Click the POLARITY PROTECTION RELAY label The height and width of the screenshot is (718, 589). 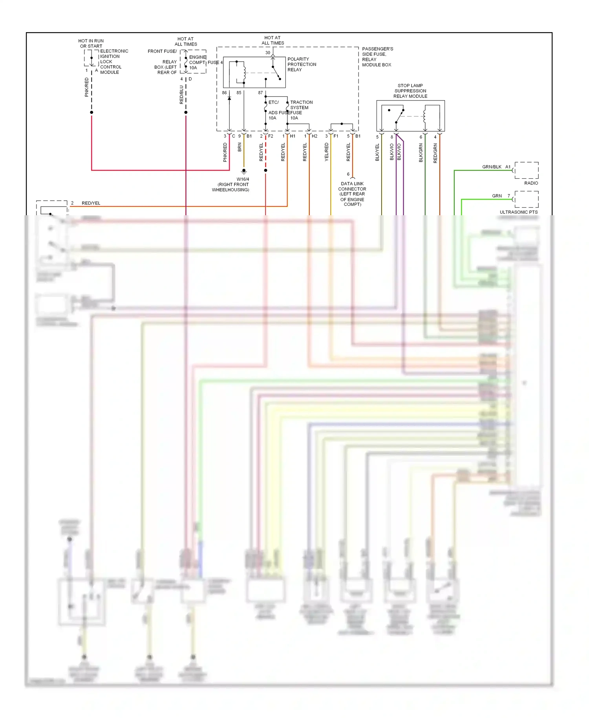point(302,64)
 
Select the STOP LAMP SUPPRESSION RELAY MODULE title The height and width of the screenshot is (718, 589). point(410,91)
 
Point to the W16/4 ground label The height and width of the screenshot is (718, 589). point(243,179)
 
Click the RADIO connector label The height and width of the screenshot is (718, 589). point(531,183)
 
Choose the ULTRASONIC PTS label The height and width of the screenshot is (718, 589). point(518,212)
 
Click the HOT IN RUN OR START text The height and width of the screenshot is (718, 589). point(91,43)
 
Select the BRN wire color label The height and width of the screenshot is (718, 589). point(240,147)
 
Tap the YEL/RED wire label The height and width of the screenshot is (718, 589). point(327,152)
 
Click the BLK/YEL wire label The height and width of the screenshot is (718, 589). point(377,152)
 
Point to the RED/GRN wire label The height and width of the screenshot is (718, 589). point(435,153)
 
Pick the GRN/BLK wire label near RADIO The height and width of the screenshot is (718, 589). point(492,167)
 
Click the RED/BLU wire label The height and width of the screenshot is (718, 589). point(181,95)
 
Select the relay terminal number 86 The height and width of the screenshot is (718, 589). point(224,93)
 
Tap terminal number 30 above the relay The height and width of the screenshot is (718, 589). point(268,53)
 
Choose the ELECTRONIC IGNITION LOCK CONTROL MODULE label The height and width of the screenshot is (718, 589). point(114,62)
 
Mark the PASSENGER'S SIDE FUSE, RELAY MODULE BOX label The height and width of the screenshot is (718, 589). point(377,57)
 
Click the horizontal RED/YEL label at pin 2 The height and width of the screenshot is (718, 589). point(91,203)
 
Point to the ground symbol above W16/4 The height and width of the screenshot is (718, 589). point(244,172)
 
